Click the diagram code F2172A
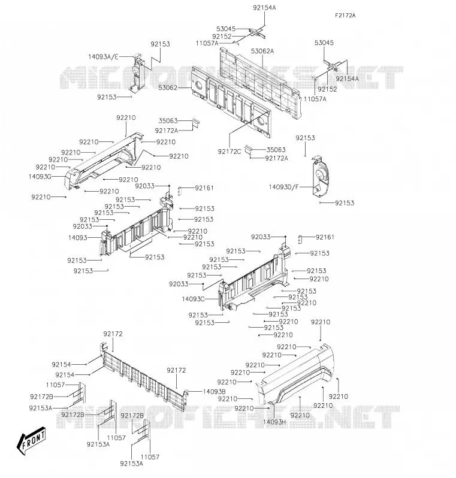tap(345, 15)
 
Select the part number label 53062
tap(168, 88)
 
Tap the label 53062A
tap(262, 51)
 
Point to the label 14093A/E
tap(103, 57)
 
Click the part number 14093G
tap(40, 177)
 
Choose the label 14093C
tap(193, 299)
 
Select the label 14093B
tap(214, 391)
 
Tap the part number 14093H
tap(274, 422)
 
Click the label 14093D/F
tap(283, 187)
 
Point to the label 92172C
tap(229, 152)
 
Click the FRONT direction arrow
tap(31, 440)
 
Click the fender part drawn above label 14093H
tap(295, 375)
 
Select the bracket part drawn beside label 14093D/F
tap(319, 176)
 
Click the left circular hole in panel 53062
tap(198, 86)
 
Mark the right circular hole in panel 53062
tap(261, 122)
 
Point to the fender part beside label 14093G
tap(104, 161)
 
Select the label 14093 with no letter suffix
tap(78, 237)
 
